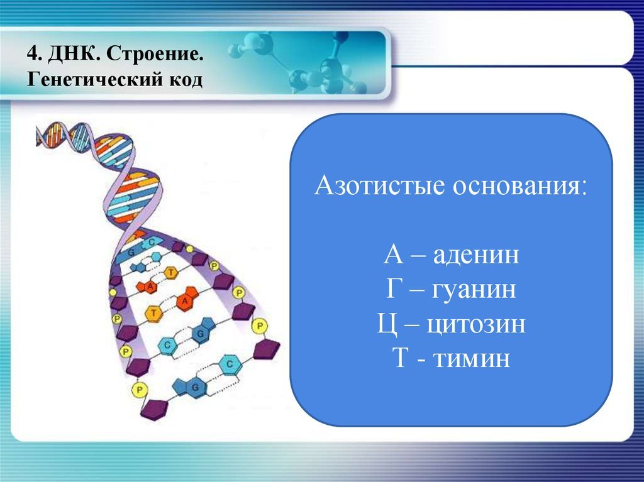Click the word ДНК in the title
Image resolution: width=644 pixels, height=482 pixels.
74,53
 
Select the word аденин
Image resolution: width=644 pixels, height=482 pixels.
476,255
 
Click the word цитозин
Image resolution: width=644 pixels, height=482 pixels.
476,324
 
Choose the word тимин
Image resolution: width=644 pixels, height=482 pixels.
472,358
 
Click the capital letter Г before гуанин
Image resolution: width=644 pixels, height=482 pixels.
394,289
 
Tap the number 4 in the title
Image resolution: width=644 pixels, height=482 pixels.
33,54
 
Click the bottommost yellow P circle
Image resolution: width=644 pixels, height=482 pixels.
139,389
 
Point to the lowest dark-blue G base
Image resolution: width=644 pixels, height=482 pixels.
192,387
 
